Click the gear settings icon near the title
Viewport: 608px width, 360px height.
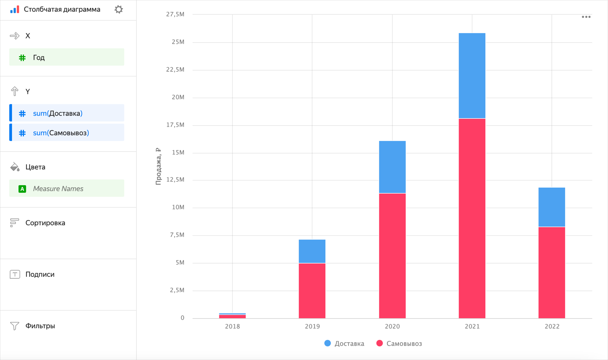point(119,9)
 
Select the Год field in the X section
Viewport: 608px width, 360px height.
point(66,57)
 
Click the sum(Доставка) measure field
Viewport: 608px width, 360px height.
point(66,113)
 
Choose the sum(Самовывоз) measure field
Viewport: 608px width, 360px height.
point(66,133)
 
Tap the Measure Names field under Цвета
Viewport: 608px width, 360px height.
point(66,189)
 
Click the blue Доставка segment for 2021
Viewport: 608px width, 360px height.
point(472,76)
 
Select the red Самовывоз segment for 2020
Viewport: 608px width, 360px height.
point(392,256)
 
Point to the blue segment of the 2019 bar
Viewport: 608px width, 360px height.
point(312,251)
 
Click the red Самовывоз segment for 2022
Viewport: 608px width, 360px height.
point(552,272)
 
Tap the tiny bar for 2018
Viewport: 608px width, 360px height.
point(233,316)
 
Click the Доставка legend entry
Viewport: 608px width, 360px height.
point(344,344)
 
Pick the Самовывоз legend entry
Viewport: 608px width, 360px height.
point(399,344)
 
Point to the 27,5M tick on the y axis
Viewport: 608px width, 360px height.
point(175,14)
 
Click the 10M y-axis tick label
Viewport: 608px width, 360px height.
point(178,207)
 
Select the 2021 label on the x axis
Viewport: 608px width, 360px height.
point(472,327)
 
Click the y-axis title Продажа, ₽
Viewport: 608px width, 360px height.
point(158,166)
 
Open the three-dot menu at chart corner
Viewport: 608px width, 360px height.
point(586,17)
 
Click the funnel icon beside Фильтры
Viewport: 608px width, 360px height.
point(14,326)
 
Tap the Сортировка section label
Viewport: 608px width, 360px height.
point(45,223)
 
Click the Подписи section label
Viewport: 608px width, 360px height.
point(40,275)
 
